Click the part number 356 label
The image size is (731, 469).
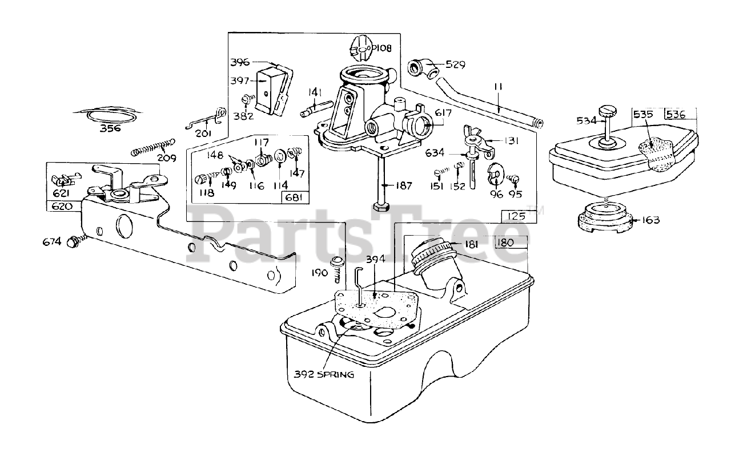point(110,128)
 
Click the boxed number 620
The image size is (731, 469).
point(62,206)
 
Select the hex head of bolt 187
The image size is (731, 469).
point(381,205)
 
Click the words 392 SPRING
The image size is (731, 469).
point(324,375)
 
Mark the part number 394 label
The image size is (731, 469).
point(376,260)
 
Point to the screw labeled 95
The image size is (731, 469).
point(513,179)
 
